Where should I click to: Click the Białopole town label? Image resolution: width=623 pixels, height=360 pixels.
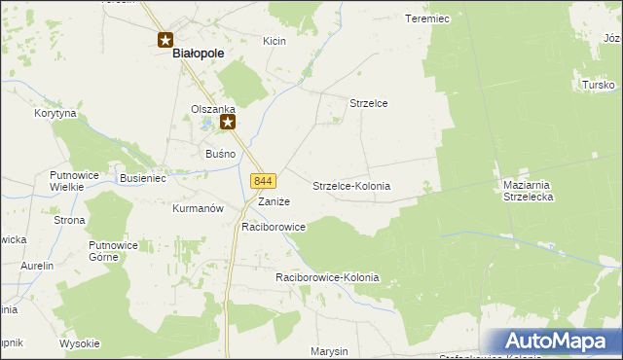[199, 55]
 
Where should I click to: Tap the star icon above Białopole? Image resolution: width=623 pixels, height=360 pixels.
[165, 39]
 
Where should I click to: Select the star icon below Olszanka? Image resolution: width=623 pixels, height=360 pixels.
[228, 122]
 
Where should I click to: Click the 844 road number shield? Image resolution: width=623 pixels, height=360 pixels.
[264, 182]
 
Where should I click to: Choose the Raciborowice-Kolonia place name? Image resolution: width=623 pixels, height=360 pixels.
[327, 278]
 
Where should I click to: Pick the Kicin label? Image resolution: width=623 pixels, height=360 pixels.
[274, 41]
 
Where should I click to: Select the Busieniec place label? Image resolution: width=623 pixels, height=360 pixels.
[143, 179]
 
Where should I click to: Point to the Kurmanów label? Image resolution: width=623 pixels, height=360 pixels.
[198, 208]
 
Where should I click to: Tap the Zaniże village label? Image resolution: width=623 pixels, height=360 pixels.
[274, 201]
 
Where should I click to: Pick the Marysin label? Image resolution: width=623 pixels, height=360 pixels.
[329, 351]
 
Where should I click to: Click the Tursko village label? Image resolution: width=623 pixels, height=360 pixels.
[597, 86]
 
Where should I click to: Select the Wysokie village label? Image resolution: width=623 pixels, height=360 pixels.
[80, 343]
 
